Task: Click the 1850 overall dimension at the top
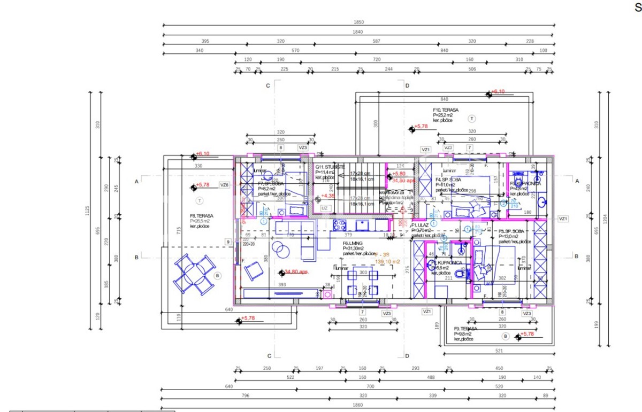click(x=358, y=22)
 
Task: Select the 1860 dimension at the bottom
click(x=357, y=407)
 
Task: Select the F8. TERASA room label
click(x=201, y=216)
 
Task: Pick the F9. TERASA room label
click(x=465, y=329)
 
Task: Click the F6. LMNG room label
click(x=354, y=243)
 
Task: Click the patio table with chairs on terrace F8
click(x=193, y=274)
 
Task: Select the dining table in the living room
click(x=363, y=283)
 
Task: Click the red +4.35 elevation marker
click(x=327, y=196)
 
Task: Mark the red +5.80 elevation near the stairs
click(x=399, y=174)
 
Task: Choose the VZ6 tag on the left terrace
click(x=224, y=185)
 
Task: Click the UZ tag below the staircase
click(x=324, y=208)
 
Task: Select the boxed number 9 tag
click(x=228, y=242)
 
